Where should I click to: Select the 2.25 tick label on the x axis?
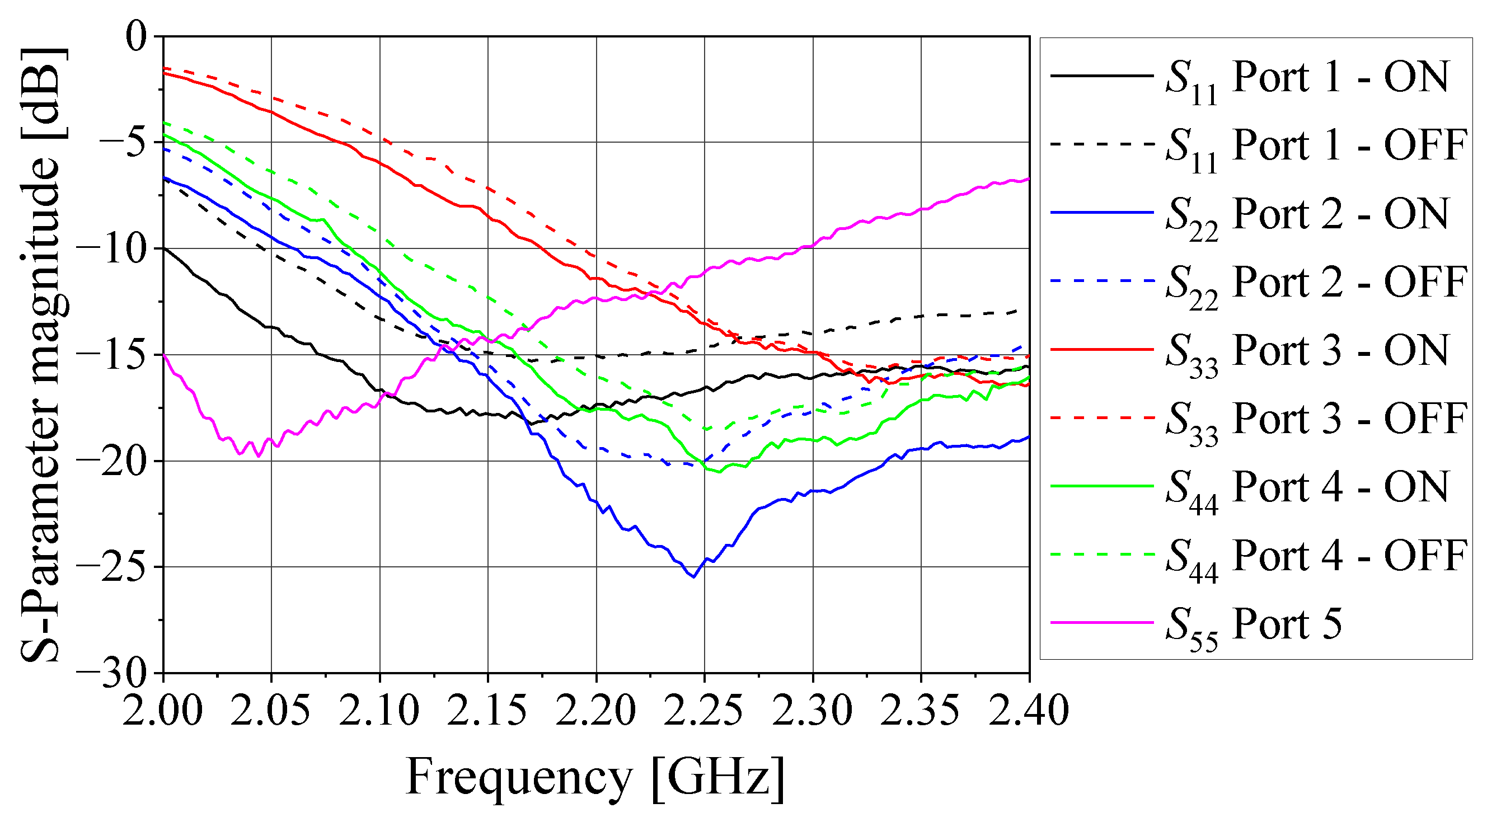(704, 710)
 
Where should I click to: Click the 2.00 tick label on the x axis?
(163, 710)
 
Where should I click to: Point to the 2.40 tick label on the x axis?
(1029, 710)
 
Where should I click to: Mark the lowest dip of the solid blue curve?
(693, 577)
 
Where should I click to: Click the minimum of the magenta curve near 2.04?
(258, 456)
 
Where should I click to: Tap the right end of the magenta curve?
(1029, 180)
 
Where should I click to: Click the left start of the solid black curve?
(164, 248)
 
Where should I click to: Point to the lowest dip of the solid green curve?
(719, 472)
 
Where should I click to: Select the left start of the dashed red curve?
(164, 68)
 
